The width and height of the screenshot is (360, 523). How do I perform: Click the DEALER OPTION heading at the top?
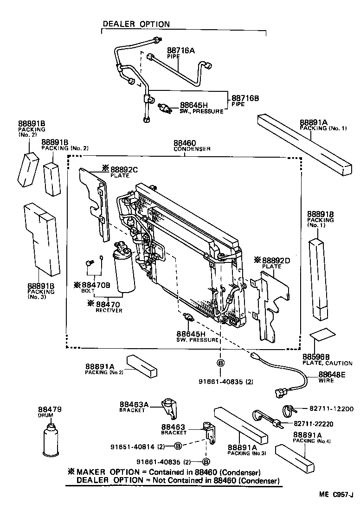[136, 24]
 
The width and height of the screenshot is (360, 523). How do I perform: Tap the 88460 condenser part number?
[185, 143]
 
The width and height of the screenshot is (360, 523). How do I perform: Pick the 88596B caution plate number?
[316, 357]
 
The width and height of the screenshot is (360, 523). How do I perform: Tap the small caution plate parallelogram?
[323, 334]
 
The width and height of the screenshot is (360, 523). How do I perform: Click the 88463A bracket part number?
[134, 404]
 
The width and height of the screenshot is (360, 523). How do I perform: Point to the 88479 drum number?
[50, 409]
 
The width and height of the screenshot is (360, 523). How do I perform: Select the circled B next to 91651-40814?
[177, 446]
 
